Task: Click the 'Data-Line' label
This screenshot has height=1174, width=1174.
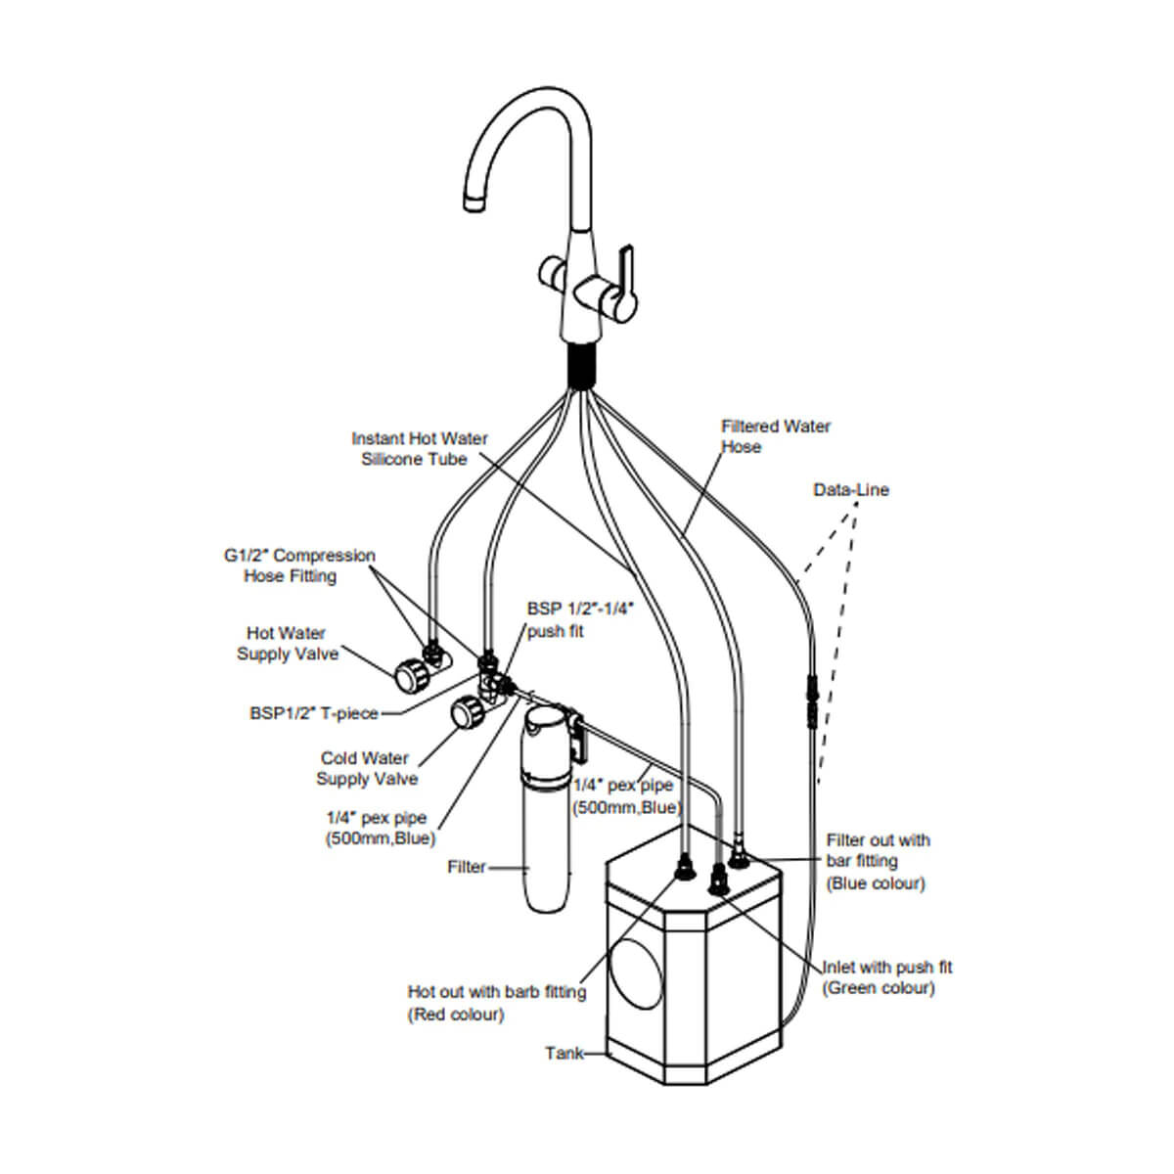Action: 851,489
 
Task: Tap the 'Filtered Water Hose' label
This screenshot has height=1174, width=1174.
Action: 775,436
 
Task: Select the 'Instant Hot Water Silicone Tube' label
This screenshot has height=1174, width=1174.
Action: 419,449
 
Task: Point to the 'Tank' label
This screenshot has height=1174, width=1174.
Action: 564,1054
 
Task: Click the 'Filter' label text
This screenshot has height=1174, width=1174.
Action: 466,867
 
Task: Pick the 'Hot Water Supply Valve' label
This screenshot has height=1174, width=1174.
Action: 287,644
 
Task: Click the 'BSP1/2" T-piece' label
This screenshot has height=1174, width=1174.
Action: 313,713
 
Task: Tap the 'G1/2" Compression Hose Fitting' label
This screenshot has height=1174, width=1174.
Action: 298,565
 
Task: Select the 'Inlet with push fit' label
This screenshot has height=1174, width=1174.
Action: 886,977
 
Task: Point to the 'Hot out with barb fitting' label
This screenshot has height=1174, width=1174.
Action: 496,1003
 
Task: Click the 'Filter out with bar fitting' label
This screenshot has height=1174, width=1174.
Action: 878,861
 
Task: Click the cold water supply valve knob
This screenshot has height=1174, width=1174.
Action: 463,713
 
